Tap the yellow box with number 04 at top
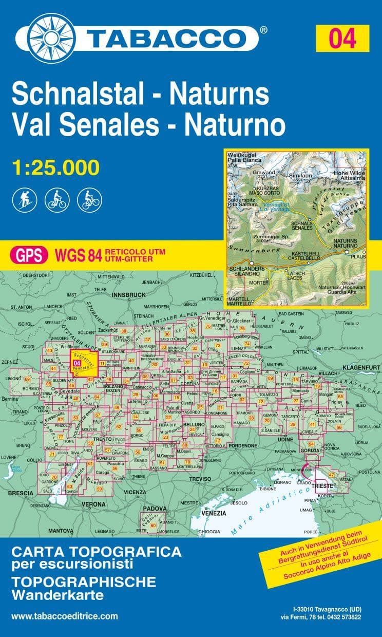[343, 38]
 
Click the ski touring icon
[22, 199]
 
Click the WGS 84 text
[77, 254]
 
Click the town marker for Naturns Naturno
[347, 252]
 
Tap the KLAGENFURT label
[362, 367]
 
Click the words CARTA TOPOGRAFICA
[96, 552]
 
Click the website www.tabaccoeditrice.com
[64, 616]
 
